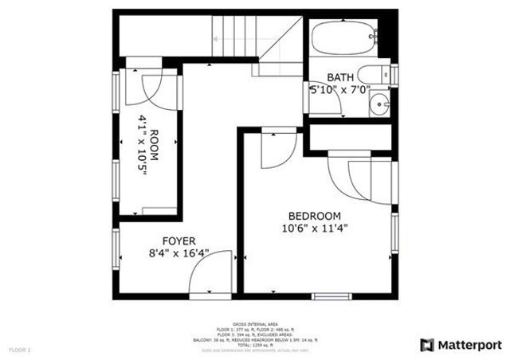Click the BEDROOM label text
314,216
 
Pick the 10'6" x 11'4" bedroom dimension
314,229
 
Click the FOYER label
179,241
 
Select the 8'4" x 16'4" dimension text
179,254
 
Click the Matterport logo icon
426,344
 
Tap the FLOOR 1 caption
20,350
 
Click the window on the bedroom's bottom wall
331,296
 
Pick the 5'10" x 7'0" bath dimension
340,91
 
